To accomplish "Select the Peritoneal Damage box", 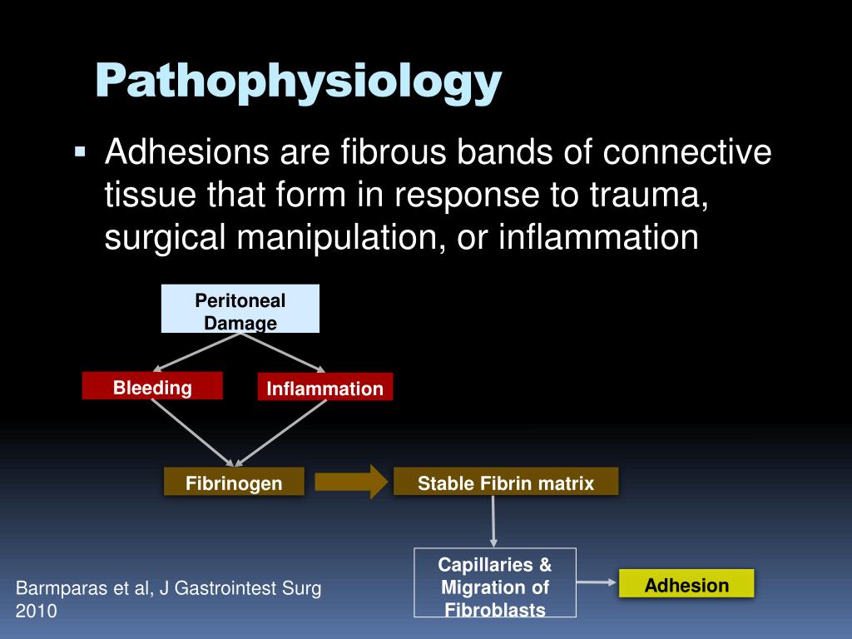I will click(x=240, y=310).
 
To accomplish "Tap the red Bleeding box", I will click(x=152, y=387).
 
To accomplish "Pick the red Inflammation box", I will click(x=324, y=389).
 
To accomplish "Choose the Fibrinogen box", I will click(x=234, y=483).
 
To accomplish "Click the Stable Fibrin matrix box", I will click(x=506, y=483).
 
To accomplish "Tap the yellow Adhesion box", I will click(x=686, y=584).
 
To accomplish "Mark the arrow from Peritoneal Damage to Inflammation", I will click(x=282, y=352).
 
